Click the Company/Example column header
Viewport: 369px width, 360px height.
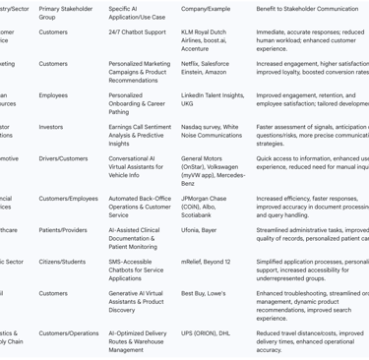[205, 8]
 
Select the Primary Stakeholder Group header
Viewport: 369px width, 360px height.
[66, 13]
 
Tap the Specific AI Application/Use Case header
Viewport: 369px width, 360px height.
[137, 13]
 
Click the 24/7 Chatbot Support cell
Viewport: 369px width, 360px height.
[137, 31]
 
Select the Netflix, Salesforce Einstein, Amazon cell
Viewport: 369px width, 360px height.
[206, 68]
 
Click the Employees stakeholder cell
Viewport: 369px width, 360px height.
[53, 95]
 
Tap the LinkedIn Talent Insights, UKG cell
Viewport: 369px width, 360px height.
[213, 99]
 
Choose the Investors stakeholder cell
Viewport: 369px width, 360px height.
[51, 127]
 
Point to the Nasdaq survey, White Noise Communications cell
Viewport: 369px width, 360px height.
[212, 131]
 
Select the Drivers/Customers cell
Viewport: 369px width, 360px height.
[63, 158]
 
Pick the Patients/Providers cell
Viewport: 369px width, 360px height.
[62, 230]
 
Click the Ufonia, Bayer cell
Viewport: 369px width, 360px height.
[197, 230]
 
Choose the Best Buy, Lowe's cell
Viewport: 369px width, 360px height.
[203, 293]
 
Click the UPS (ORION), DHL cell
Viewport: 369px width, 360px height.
[205, 333]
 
